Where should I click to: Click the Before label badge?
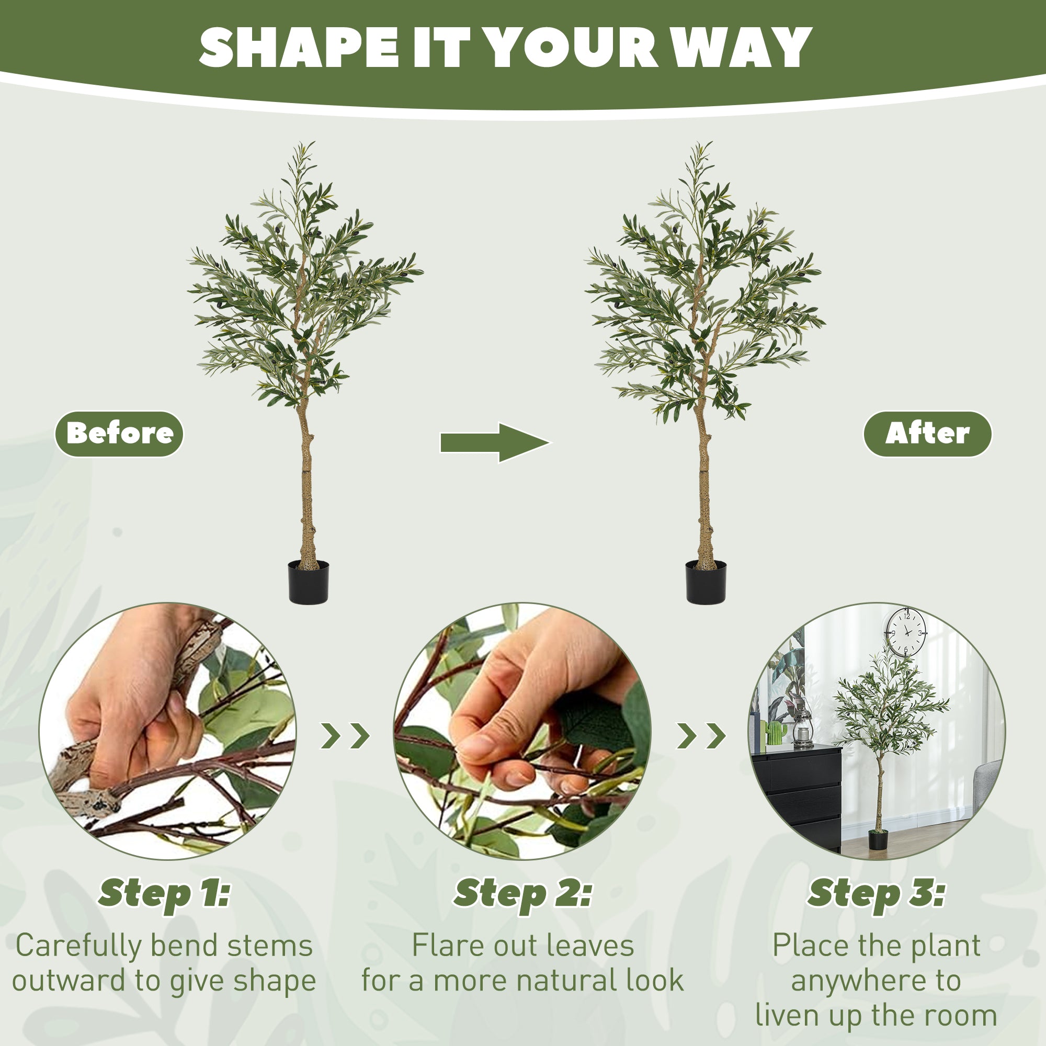coord(119,434)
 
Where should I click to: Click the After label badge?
coord(927,434)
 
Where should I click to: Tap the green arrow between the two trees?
coord(494,442)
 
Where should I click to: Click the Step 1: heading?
coord(164,892)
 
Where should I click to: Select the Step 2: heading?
coord(522,892)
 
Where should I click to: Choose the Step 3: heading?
coord(876,892)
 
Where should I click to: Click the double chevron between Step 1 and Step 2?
coord(345,735)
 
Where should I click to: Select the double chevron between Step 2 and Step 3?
coord(701,735)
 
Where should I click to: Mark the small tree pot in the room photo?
coord(878,840)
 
